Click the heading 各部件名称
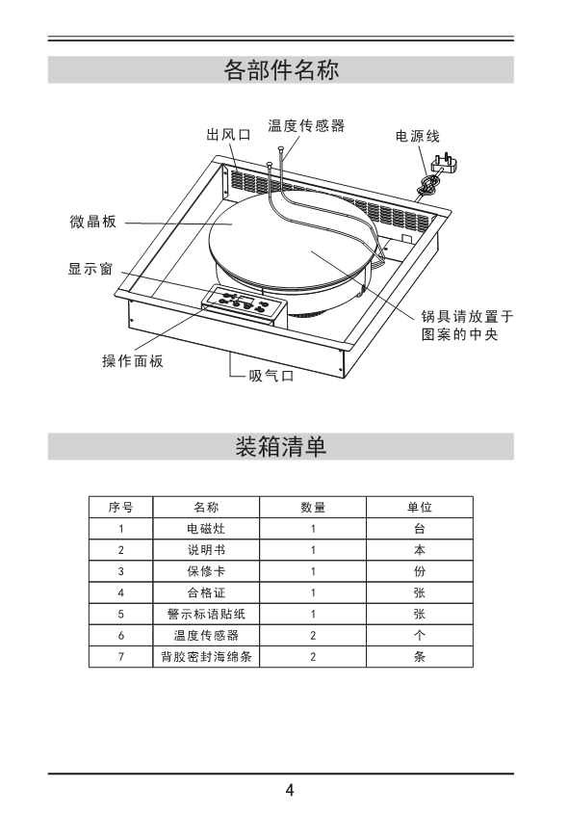coord(281,69)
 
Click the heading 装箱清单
coord(281,446)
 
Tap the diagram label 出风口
coord(228,135)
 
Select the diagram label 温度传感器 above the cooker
coord(306,125)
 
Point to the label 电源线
coord(418,136)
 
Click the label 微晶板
coord(93,222)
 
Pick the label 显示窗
coord(90,269)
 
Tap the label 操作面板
coord(133,360)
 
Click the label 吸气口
coord(271,376)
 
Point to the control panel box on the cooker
coord(245,305)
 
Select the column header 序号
coord(121,507)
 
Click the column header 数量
coord(313,507)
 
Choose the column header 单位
coord(420,507)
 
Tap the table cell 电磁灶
coord(206,529)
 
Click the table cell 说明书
coord(206,550)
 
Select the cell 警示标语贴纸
coord(206,614)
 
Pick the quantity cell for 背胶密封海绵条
coord(313,656)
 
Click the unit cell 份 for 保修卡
coord(420,571)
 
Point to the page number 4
coord(290,790)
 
